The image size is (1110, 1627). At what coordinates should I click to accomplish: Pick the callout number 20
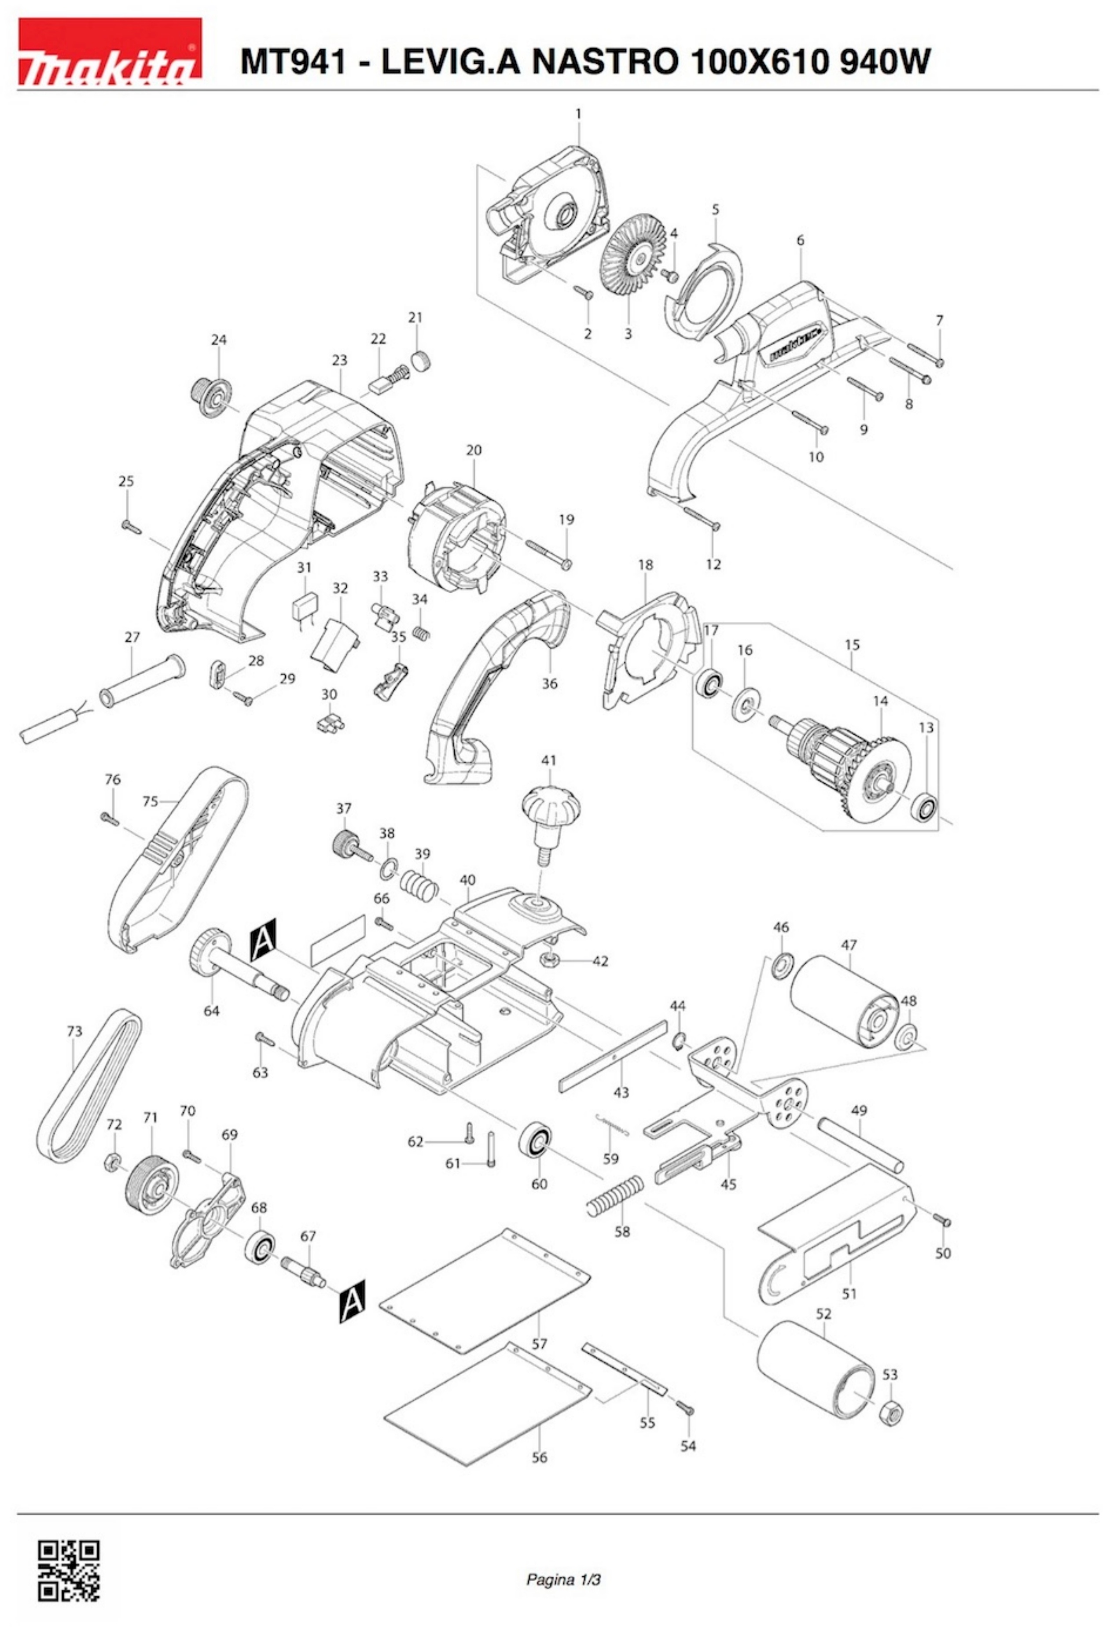pos(474,450)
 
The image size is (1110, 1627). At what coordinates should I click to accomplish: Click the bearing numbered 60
pos(537,1139)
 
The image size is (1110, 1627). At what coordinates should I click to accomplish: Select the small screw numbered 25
pos(130,527)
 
